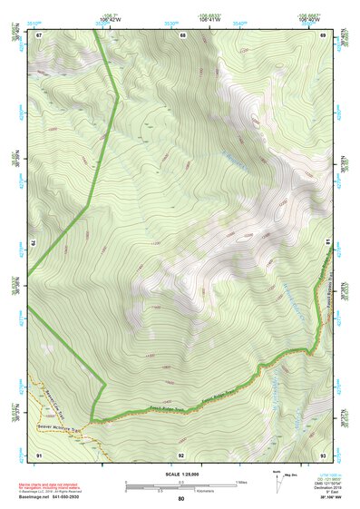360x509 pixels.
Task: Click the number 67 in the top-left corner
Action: tap(39, 35)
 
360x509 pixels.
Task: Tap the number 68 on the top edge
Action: tap(182, 35)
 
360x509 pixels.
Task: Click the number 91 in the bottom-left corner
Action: tap(39, 454)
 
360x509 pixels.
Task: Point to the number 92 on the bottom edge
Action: tap(181, 454)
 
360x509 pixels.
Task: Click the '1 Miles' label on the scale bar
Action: tap(241, 481)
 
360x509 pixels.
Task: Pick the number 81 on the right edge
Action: tap(327, 241)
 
